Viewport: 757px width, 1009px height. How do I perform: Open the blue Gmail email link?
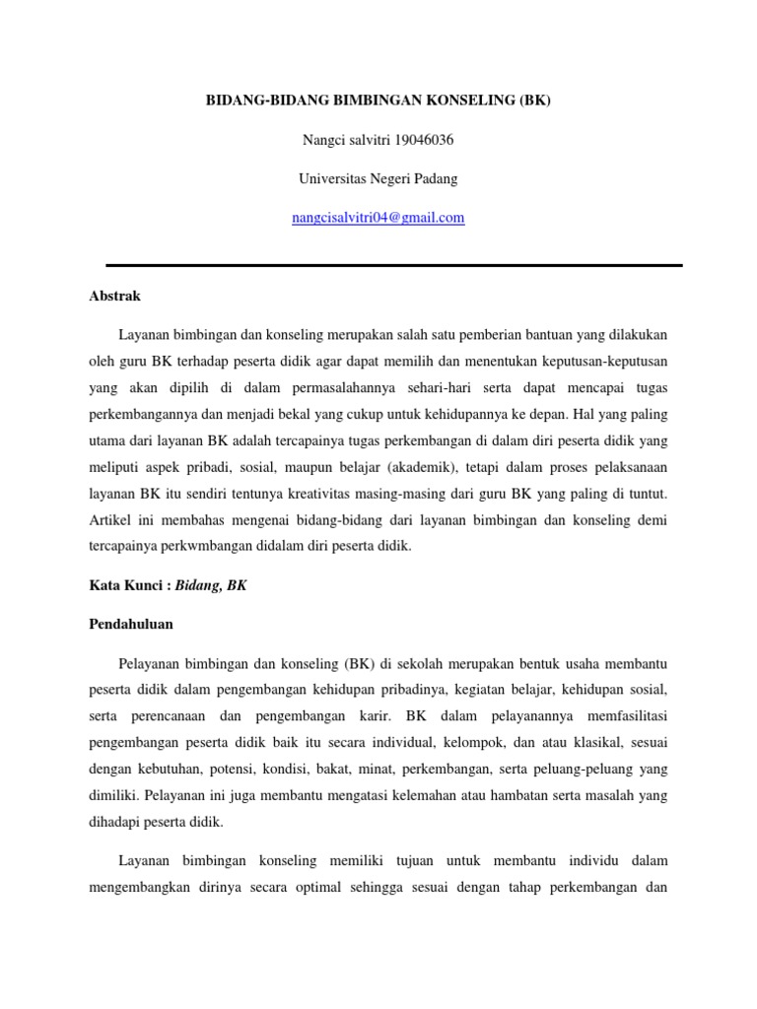(x=378, y=218)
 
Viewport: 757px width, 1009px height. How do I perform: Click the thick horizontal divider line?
(x=393, y=265)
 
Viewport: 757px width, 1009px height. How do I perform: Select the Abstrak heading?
(x=115, y=296)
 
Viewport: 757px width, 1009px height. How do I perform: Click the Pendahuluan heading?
(x=131, y=625)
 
